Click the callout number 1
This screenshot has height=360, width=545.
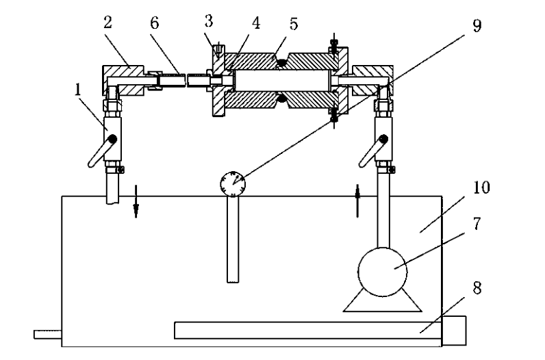[x=78, y=89]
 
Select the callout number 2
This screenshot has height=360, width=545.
[x=108, y=23]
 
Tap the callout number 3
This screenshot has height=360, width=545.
[x=209, y=21]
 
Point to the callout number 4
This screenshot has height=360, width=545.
[x=256, y=23]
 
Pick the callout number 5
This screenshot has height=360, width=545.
[x=294, y=24]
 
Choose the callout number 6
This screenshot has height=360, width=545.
[x=155, y=23]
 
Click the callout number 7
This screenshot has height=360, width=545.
[x=477, y=223]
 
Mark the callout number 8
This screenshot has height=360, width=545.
[x=477, y=288]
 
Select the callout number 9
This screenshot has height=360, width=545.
[x=477, y=26]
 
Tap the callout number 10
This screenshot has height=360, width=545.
[x=481, y=188]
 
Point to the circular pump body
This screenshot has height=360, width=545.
[x=382, y=272]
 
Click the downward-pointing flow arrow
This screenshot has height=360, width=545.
[x=136, y=201]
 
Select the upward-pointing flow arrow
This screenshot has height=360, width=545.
[x=357, y=201]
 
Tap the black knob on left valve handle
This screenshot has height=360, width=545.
[x=112, y=140]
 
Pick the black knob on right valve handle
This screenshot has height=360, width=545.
[x=383, y=140]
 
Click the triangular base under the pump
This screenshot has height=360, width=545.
[x=382, y=302]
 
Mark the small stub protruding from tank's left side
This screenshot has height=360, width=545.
[x=48, y=334]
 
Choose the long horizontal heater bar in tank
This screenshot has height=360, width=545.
[x=308, y=331]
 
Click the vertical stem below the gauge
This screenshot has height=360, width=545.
[x=233, y=240]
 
